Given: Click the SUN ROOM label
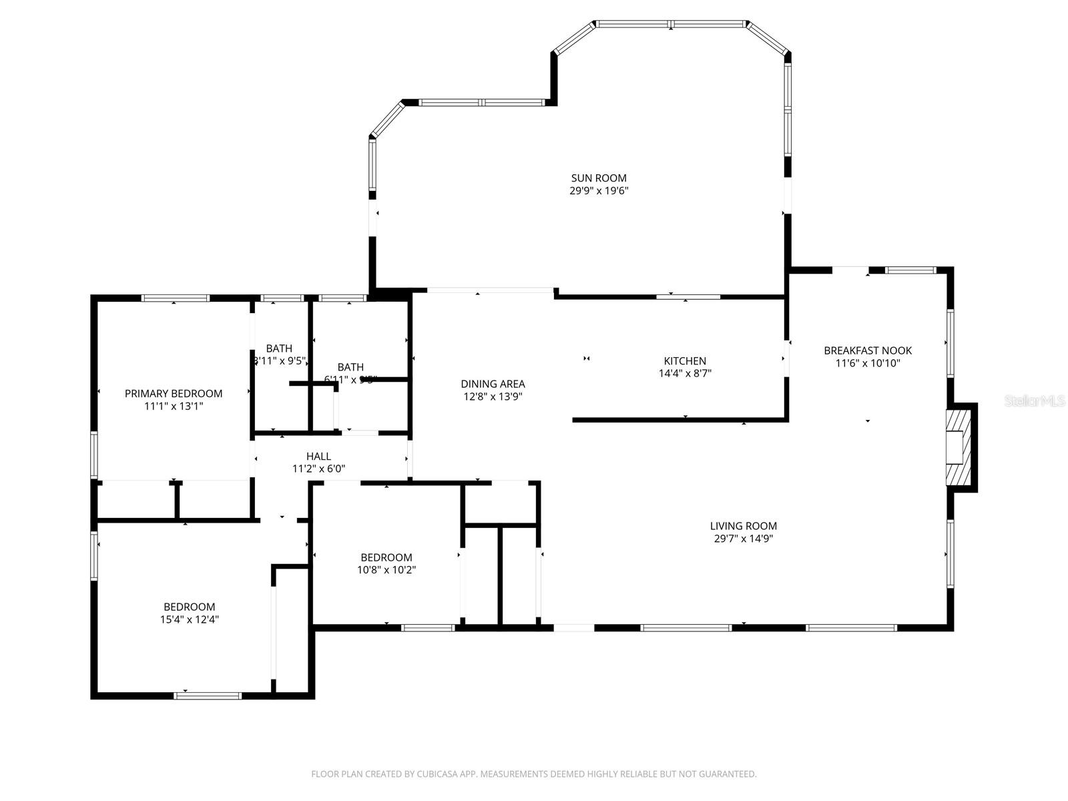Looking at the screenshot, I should pyautogui.click(x=599, y=178).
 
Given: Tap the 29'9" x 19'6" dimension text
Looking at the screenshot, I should pyautogui.click(x=599, y=191).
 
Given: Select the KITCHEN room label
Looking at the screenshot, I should pyautogui.click(x=685, y=361).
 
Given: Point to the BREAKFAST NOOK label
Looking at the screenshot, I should pyautogui.click(x=868, y=350).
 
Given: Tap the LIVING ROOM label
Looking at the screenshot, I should pyautogui.click(x=743, y=526).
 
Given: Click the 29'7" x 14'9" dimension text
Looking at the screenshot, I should pyautogui.click(x=743, y=539).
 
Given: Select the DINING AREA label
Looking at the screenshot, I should pyautogui.click(x=493, y=384).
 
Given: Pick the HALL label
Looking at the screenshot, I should pyautogui.click(x=318, y=457).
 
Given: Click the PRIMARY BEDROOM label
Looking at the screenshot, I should pyautogui.click(x=174, y=394).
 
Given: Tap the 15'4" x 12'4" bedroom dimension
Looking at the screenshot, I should pyautogui.click(x=190, y=619).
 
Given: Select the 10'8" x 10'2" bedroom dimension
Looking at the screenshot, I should pyautogui.click(x=386, y=570).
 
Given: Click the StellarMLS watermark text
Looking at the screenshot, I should pyautogui.click(x=1035, y=401).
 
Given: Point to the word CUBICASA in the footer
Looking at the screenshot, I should pyautogui.click(x=437, y=774).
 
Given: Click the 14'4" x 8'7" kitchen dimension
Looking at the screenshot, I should pyautogui.click(x=685, y=374).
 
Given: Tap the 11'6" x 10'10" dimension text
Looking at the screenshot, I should pyautogui.click(x=868, y=363).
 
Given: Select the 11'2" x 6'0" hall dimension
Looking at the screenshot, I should pyautogui.click(x=318, y=469).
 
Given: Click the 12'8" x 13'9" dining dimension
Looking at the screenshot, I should pyautogui.click(x=493, y=396).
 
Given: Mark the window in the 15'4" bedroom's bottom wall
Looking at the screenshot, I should pyautogui.click(x=207, y=696).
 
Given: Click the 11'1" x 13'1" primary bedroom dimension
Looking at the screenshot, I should pyautogui.click(x=174, y=406).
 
